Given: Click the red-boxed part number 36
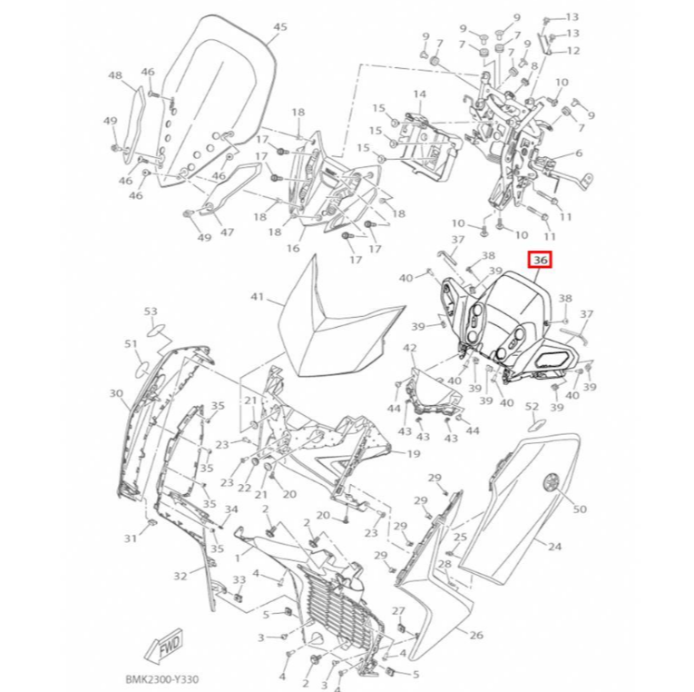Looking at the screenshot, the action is (x=540, y=261).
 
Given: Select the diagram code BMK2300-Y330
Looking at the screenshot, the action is (x=162, y=679).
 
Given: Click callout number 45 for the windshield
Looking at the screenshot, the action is (x=279, y=26).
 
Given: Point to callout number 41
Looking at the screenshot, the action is (x=257, y=296).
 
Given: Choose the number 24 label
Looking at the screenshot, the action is (x=554, y=547).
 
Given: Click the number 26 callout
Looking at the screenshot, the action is (x=475, y=636).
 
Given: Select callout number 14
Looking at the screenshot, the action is (x=419, y=94).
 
